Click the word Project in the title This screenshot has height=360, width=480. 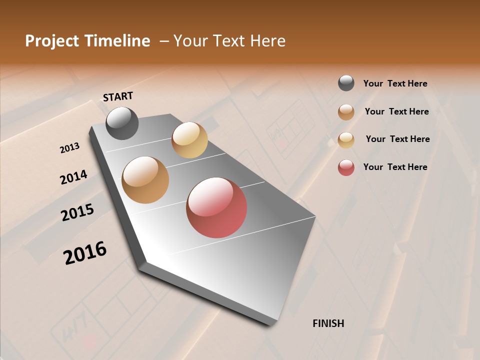52,41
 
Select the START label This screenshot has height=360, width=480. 118,96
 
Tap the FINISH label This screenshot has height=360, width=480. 328,323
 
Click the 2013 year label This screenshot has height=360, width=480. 69,148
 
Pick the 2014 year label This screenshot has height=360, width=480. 73,177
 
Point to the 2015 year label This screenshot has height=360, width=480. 77,212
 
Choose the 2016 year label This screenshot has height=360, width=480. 85,253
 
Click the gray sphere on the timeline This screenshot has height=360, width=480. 122,123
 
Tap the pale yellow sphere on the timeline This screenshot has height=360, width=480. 189,140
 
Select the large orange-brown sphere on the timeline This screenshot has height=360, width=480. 145,180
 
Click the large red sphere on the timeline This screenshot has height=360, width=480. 216,207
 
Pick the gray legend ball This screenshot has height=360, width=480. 346,83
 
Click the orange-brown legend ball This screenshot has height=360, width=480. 346,112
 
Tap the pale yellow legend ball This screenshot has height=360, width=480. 346,139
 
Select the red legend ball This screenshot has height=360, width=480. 346,167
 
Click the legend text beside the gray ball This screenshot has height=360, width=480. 395,83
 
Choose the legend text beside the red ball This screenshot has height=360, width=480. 395,167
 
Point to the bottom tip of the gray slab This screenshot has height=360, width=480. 270,324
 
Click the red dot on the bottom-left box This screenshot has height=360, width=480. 90,342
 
